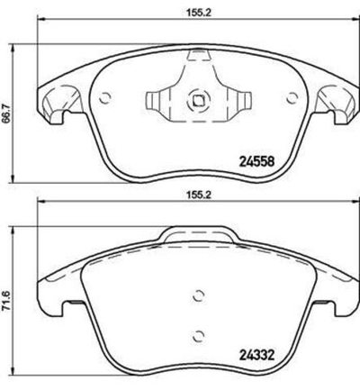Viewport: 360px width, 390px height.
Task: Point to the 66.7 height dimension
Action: click(x=8, y=114)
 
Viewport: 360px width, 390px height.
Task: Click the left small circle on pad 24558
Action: click(x=104, y=99)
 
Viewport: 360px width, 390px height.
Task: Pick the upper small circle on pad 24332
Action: click(x=198, y=295)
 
